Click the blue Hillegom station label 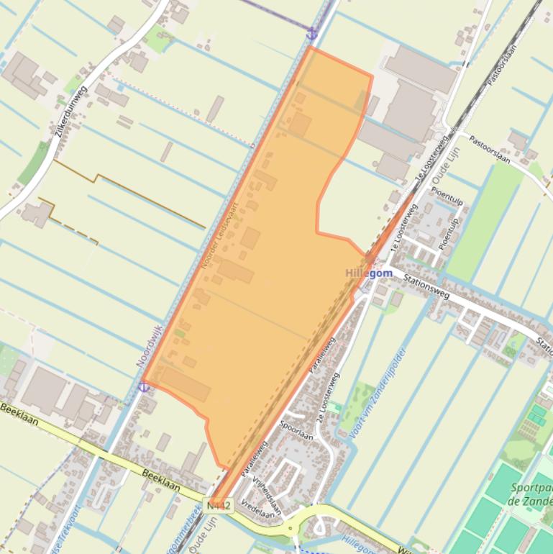(369, 273)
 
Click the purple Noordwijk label (149, 348)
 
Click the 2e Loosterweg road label (326, 394)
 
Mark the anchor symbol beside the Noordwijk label (144, 387)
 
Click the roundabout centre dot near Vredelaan (291, 529)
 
